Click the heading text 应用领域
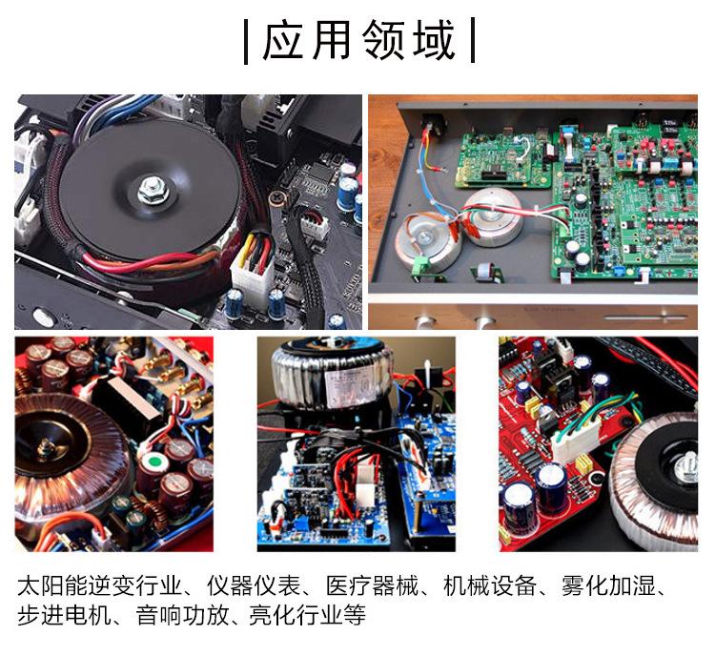358,41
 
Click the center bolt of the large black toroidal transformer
153,190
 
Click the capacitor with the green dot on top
149,464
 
